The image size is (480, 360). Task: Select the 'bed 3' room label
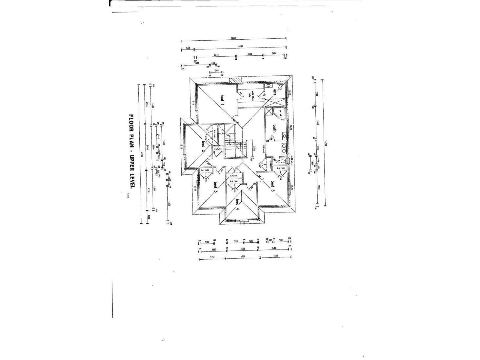pos(216,188)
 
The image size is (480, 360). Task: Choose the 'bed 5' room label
pos(273,186)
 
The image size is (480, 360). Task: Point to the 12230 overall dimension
pos(233,38)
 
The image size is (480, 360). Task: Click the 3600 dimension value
pos(275,256)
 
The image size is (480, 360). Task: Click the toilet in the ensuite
pos(268,85)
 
